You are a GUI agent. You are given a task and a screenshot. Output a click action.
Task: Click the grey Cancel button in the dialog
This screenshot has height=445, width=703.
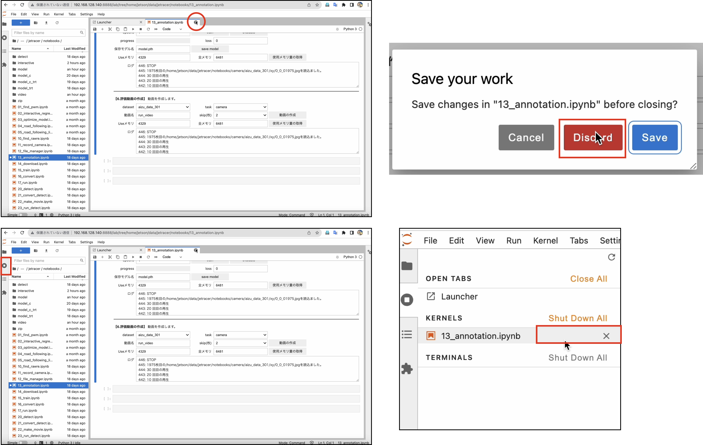point(526,138)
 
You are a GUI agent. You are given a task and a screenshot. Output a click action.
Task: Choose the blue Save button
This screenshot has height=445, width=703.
point(655,138)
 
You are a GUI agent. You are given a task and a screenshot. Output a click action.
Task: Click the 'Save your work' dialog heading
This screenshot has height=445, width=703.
point(462,79)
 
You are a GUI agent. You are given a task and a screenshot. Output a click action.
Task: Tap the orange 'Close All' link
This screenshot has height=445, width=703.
point(589,279)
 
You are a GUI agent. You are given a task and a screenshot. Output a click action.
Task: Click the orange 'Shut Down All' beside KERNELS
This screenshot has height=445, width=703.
point(578,318)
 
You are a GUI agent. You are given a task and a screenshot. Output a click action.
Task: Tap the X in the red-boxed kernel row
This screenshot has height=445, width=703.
point(606,336)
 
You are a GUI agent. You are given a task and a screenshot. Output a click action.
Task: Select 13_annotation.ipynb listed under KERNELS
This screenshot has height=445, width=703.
point(480,336)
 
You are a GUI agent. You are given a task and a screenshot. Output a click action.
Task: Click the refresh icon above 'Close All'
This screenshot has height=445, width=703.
point(611,257)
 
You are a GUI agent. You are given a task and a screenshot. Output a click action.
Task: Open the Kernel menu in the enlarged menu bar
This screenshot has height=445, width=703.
point(545,240)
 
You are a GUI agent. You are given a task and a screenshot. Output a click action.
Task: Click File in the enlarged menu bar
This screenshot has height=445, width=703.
point(430,240)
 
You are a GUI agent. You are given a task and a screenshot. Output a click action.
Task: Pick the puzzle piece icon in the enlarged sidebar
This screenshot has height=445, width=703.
point(407,369)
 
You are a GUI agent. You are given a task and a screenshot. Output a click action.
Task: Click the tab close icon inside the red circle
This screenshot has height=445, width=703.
point(196,22)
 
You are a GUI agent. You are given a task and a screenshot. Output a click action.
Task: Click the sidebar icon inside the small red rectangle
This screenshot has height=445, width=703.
point(4,265)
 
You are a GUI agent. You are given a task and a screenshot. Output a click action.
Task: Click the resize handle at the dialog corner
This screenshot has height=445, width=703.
point(693,166)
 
